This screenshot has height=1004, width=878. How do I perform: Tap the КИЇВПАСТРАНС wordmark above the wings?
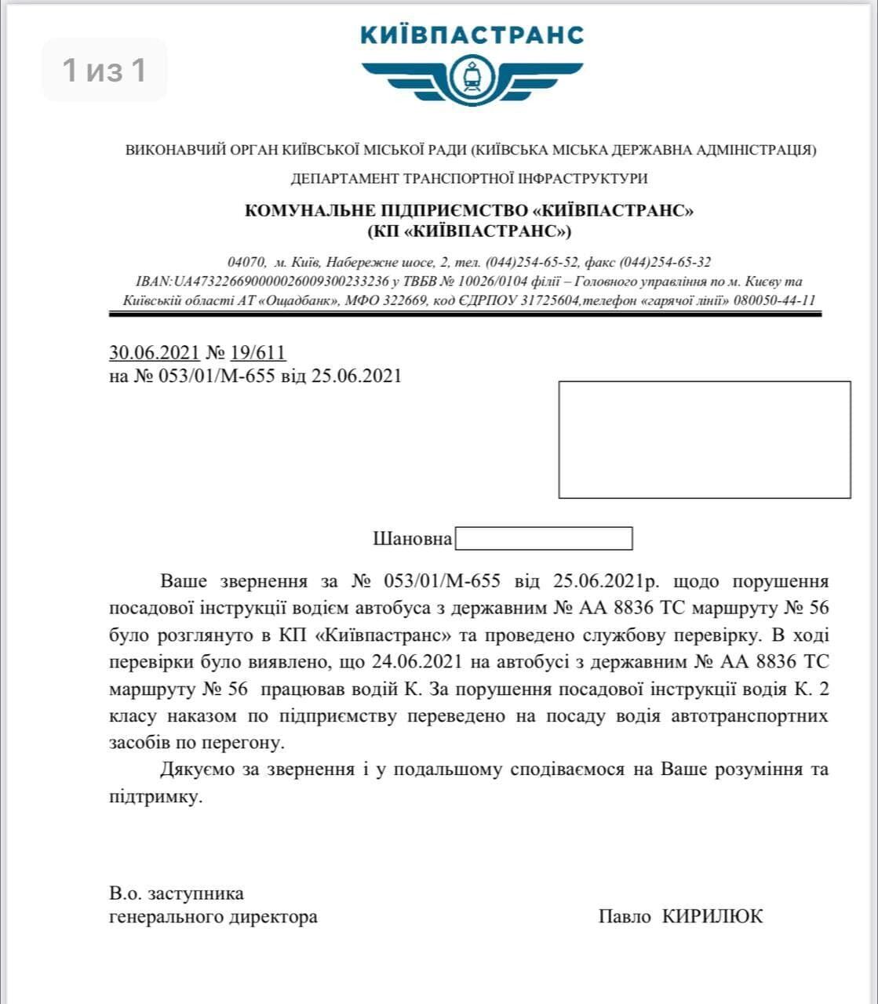472,35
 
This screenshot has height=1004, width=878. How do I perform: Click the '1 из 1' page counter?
104,71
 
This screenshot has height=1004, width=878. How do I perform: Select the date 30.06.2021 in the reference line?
155,353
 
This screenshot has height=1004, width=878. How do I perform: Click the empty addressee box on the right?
704,439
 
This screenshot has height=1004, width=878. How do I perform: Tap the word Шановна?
412,539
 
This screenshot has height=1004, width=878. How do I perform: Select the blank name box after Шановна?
544,539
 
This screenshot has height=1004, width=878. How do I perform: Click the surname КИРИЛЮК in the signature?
712,916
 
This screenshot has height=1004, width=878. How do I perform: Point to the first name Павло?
625,916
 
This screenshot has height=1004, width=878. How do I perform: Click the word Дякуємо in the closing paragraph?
197,769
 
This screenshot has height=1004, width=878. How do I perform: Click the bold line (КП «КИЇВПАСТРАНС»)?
469,231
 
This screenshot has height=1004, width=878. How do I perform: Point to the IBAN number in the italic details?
264,281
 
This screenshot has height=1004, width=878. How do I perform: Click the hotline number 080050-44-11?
774,300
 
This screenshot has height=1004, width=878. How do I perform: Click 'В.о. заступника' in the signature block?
177,893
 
